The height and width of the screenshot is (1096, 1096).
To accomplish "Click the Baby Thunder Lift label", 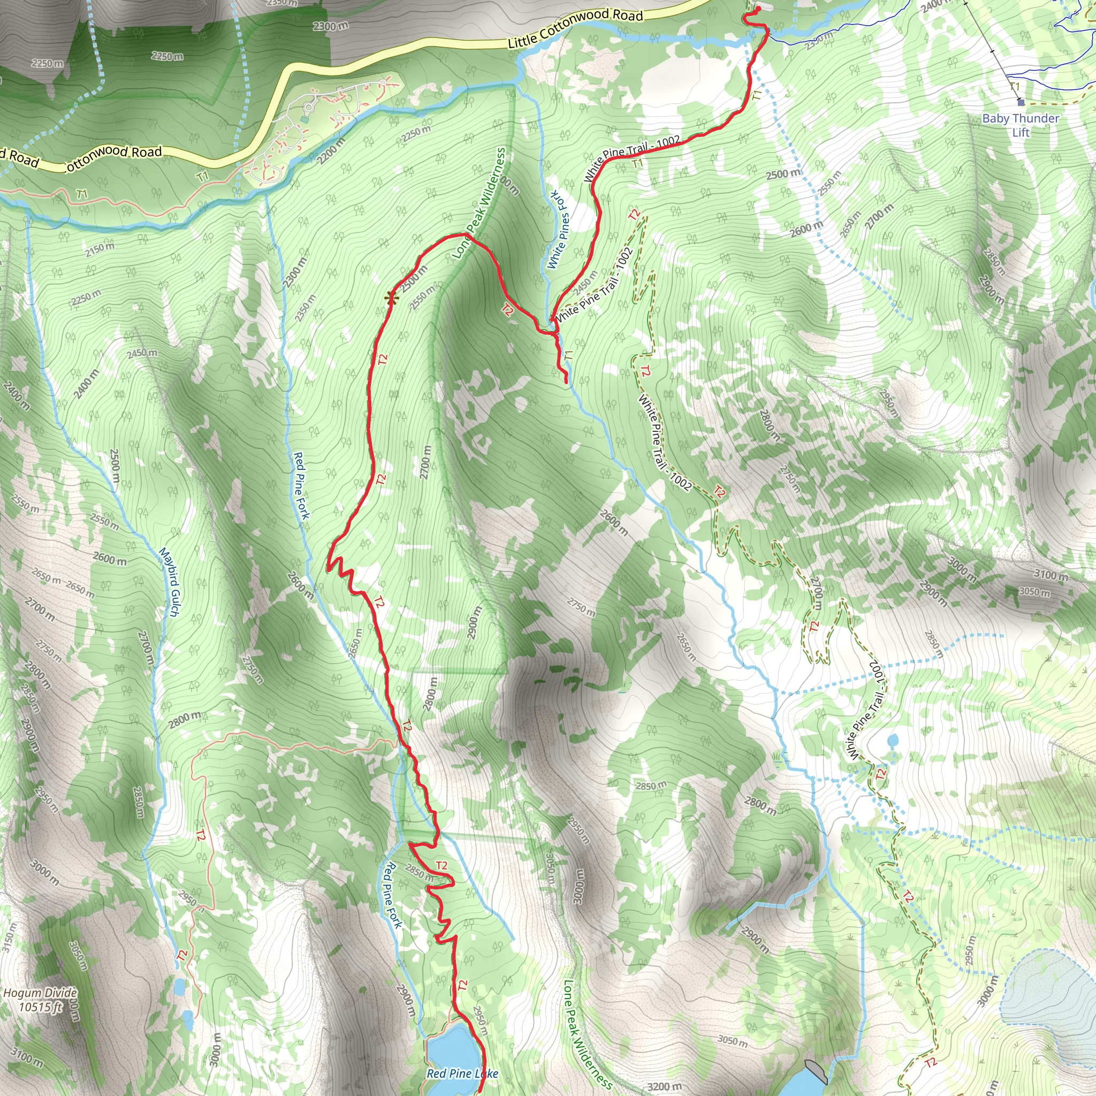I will click(1021, 125).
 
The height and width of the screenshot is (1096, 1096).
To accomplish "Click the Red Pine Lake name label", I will click(462, 1074).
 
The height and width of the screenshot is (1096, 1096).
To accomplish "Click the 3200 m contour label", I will click(664, 1086).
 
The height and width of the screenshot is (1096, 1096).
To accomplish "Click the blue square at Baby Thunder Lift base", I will click(1021, 103).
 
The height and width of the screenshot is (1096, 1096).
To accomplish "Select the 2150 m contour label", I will click(100, 249).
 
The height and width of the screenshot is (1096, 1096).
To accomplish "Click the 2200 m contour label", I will click(331, 152).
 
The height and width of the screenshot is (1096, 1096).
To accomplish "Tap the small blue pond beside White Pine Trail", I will click(892, 740).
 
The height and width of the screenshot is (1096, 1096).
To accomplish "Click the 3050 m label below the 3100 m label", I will click(1034, 592).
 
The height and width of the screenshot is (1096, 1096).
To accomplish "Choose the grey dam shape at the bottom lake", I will click(816, 1070).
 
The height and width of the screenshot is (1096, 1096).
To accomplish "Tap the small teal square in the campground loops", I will click(305, 120).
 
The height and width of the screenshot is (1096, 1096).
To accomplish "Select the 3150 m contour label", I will click(7, 937).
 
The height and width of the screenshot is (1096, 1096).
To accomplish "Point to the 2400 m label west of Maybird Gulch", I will click(86, 384).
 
